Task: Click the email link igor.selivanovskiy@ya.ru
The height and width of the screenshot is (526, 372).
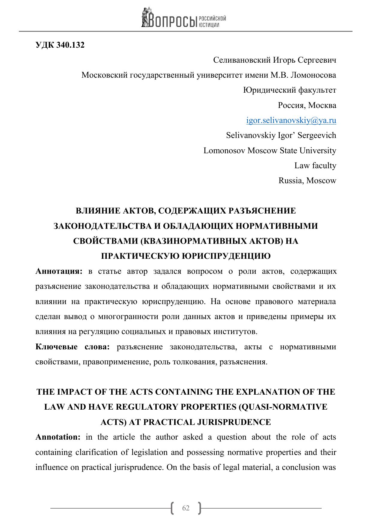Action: [291, 121]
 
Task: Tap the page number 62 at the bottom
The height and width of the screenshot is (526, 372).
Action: [186, 508]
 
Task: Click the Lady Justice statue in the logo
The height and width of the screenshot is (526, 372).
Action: [146, 17]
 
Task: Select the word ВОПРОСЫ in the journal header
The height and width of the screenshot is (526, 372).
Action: [173, 20]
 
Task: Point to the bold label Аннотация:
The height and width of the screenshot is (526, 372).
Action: [59, 271]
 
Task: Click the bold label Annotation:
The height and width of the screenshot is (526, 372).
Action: [58, 437]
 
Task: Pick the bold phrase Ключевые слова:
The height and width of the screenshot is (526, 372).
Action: [73, 347]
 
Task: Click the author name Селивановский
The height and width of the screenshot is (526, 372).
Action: [242, 60]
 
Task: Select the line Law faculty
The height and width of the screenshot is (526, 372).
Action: [315, 166]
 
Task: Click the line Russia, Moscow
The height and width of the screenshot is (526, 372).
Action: [307, 181]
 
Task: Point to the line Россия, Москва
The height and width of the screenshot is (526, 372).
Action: [307, 105]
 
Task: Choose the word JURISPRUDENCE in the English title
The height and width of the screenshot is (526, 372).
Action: [234, 422]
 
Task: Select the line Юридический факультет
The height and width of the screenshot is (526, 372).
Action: [290, 90]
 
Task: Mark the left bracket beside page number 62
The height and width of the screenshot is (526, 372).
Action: [172, 508]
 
